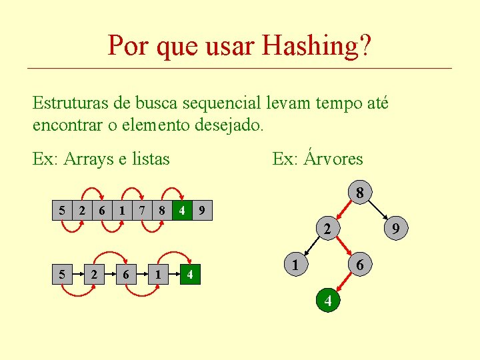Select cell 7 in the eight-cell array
pos(142,211)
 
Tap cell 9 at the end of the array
pos(203,211)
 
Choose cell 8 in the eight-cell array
pos(161,211)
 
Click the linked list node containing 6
pos(125,274)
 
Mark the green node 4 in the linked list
pos(190,274)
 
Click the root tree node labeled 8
pos(359,193)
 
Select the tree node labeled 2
pos(327,229)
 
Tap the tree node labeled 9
pos(395,229)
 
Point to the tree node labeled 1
pos(293,265)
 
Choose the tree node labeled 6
pos(360,265)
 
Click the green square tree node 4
pos(327,301)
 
